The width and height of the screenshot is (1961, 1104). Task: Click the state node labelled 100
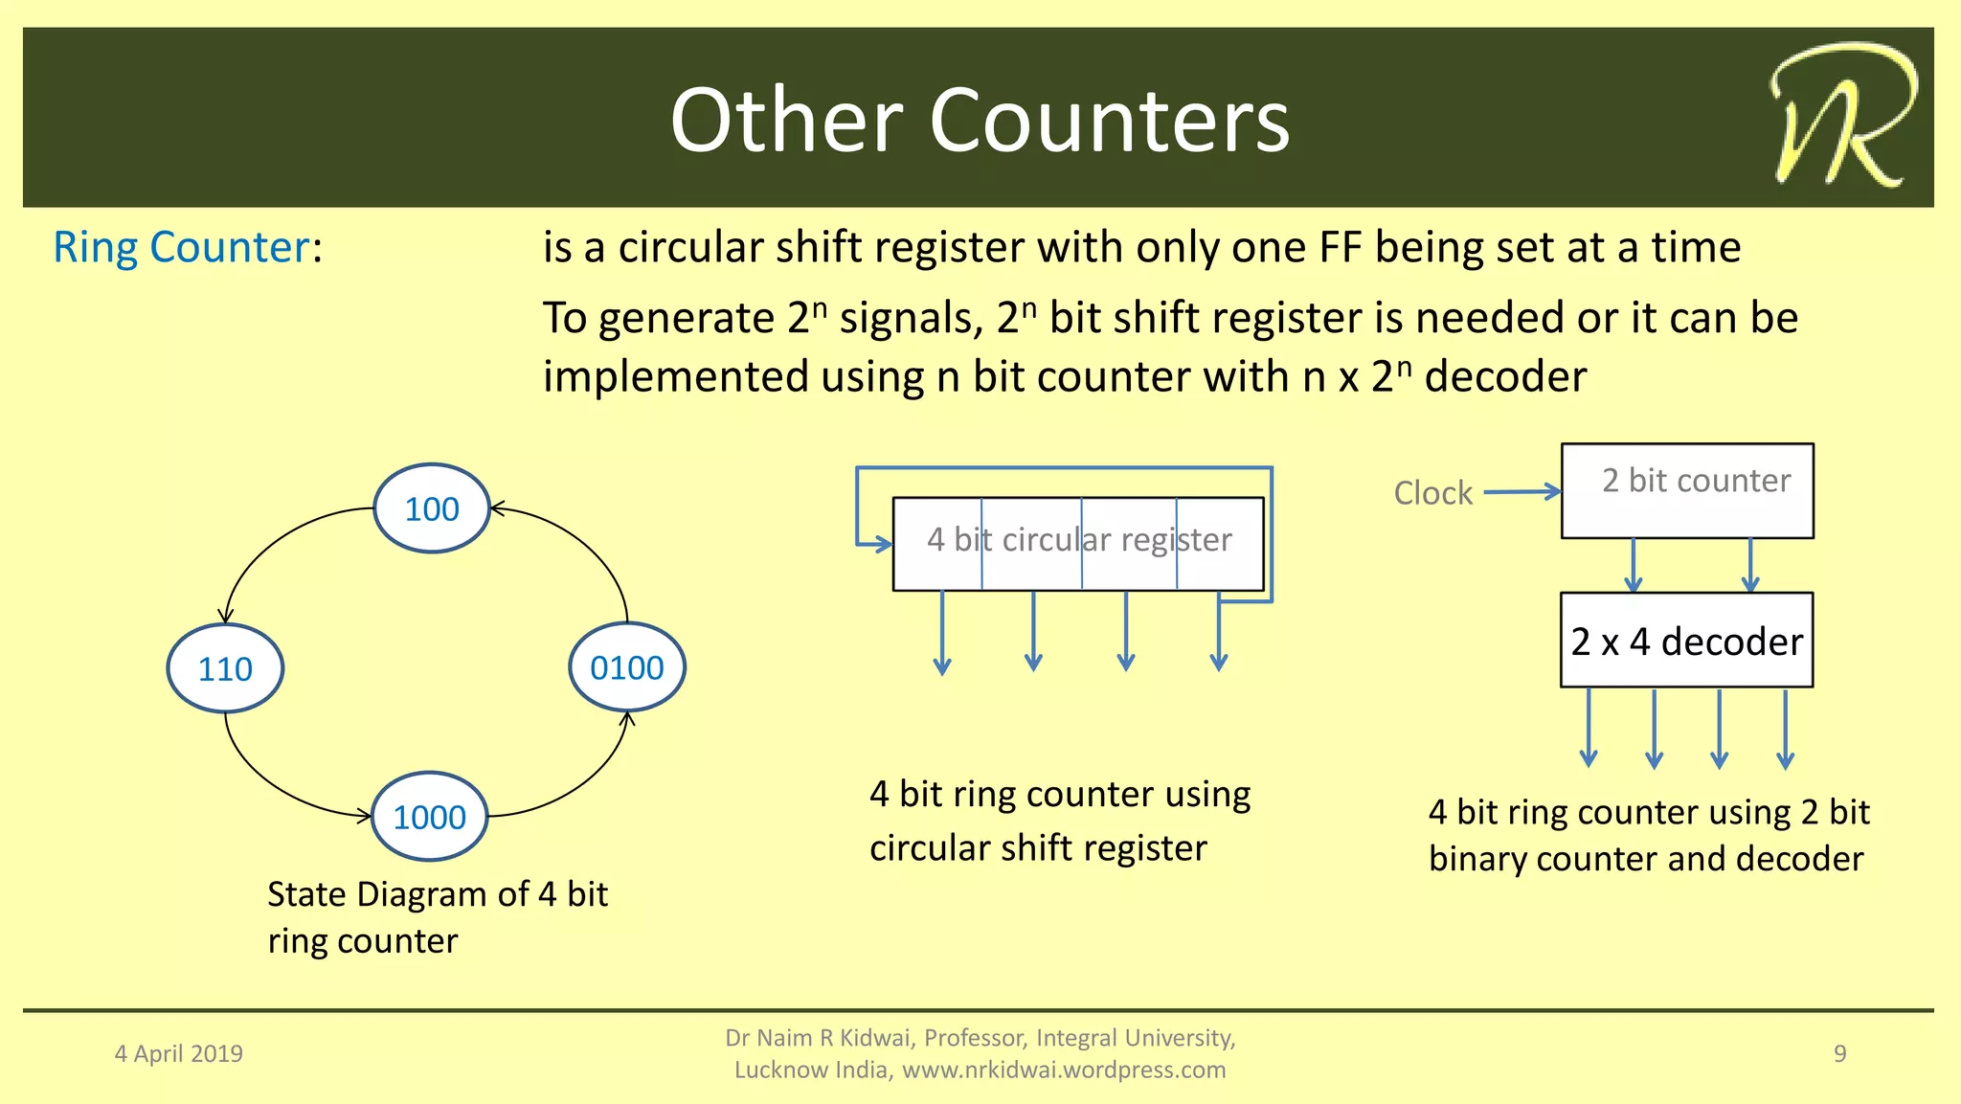pyautogui.click(x=432, y=508)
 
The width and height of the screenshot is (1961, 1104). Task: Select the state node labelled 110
pyautogui.click(x=225, y=668)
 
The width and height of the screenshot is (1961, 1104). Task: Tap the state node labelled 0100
pyautogui.click(x=627, y=667)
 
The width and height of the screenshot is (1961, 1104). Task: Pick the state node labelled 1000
pyautogui.click(x=429, y=817)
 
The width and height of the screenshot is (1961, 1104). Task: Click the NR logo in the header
pyautogui.click(x=1841, y=117)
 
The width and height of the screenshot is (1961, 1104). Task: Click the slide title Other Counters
pyautogui.click(x=980, y=120)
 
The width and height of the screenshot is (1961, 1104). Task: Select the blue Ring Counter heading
pyautogui.click(x=182, y=247)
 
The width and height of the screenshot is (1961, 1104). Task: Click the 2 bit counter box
pyautogui.click(x=1687, y=490)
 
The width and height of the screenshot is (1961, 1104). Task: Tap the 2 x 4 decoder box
pyautogui.click(x=1686, y=641)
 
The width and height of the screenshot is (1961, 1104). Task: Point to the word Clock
pyautogui.click(x=1432, y=493)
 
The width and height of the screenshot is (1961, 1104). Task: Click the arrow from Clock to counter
pyautogui.click(x=1522, y=492)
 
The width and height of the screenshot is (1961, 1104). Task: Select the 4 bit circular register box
pyautogui.click(x=1078, y=543)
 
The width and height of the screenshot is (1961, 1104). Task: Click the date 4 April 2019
pyautogui.click(x=179, y=1053)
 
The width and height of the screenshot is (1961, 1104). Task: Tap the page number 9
pyautogui.click(x=1839, y=1053)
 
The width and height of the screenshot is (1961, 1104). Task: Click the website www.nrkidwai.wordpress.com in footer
pyautogui.click(x=1063, y=1070)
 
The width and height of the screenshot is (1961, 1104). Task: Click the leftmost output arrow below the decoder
pyautogui.click(x=1589, y=728)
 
